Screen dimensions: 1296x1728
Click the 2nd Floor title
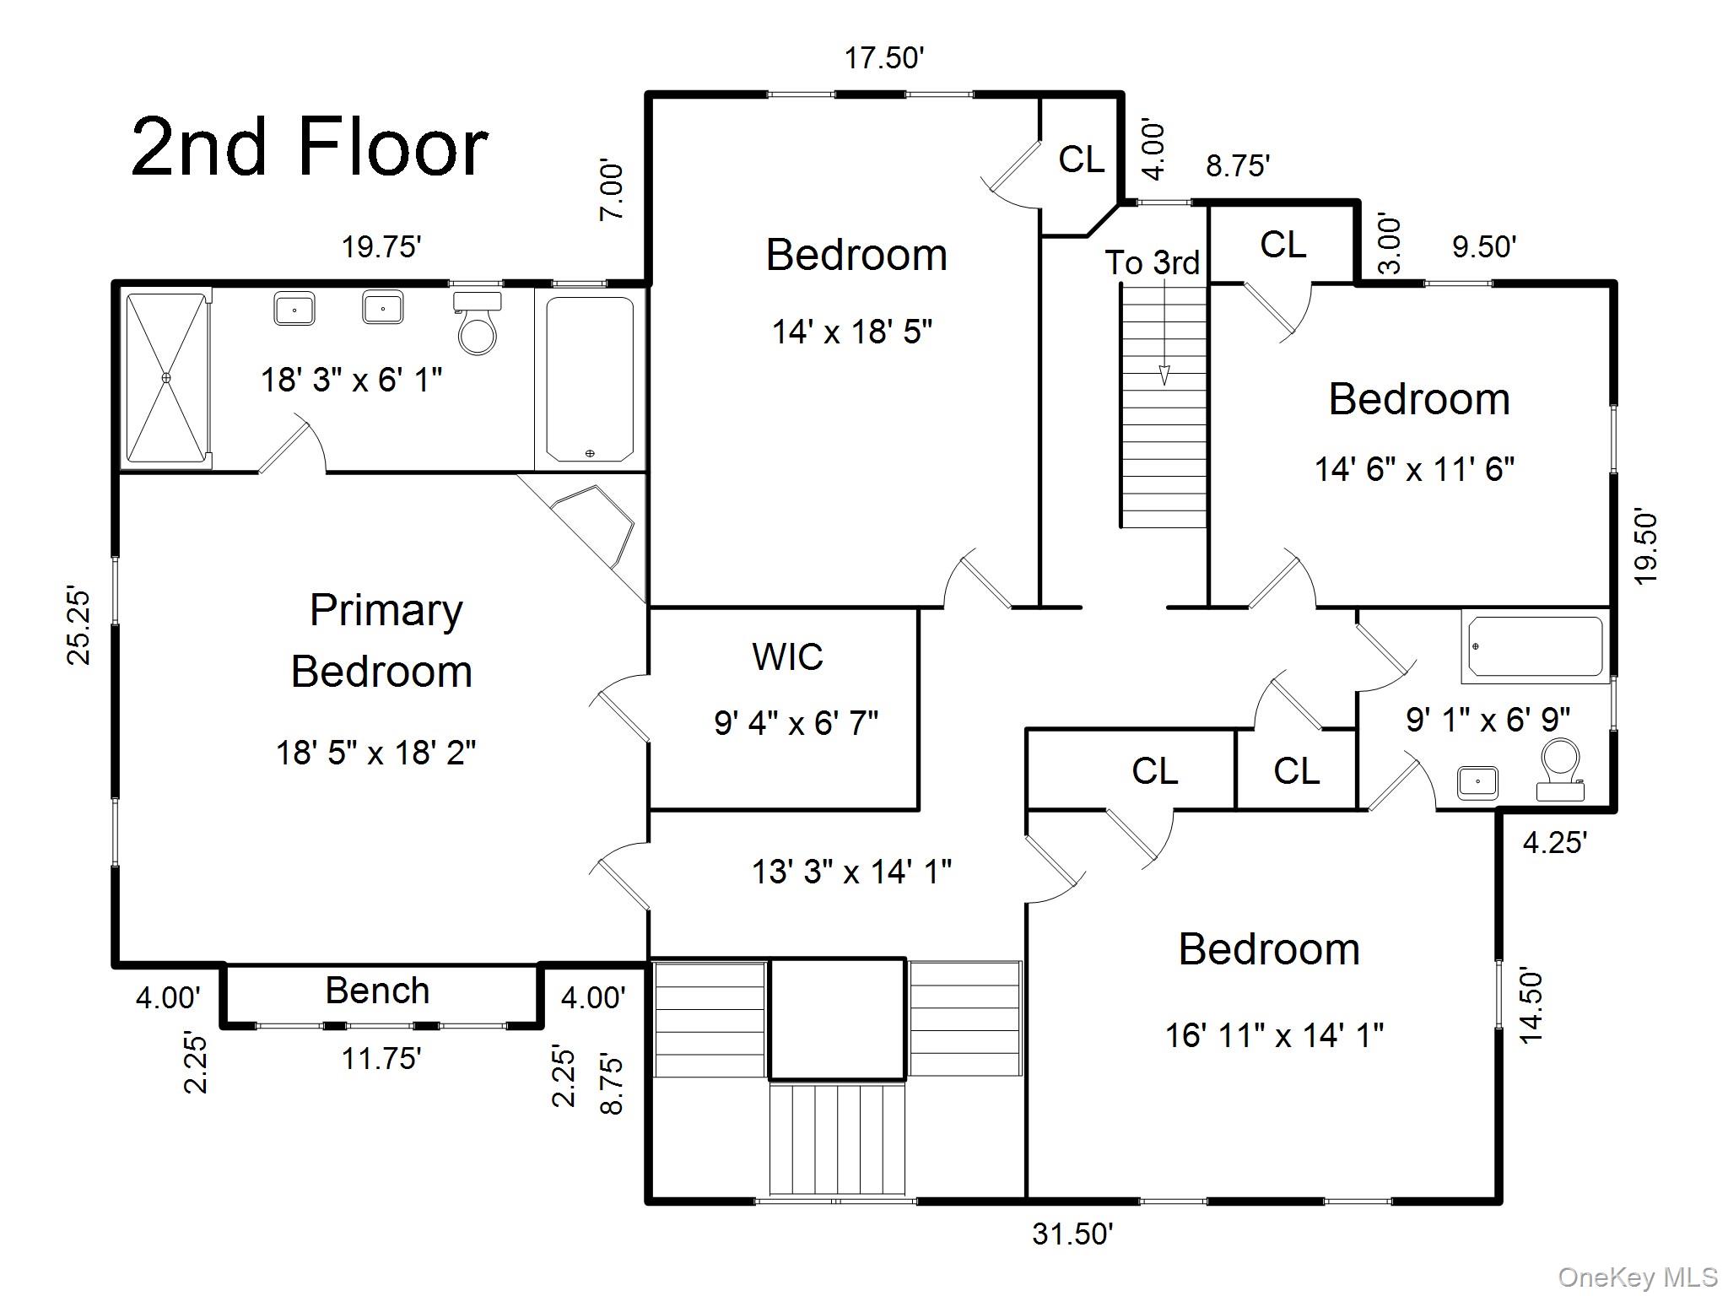point(310,148)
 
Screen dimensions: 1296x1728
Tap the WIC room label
point(787,656)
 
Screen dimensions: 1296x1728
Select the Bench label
point(377,991)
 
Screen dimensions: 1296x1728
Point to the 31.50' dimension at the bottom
point(1072,1234)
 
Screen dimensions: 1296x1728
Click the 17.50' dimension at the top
point(884,58)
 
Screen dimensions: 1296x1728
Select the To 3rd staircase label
point(1152,262)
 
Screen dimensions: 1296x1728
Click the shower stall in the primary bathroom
point(166,378)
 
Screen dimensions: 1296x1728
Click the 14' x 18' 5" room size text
point(851,332)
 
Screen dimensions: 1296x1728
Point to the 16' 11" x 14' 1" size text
point(1274,1034)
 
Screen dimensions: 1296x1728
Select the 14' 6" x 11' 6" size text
point(1414,469)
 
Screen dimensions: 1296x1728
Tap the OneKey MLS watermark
point(1637,1277)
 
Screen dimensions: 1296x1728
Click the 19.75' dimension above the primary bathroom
point(381,247)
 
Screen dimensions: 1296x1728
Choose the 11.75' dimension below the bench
point(381,1058)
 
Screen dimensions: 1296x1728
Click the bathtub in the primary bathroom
point(590,378)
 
